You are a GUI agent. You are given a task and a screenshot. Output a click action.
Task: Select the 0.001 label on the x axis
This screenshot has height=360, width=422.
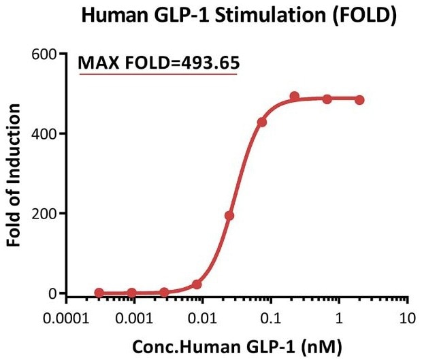coord(133,317)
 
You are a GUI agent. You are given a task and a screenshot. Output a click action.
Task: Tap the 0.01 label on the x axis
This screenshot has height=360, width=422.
coord(202,317)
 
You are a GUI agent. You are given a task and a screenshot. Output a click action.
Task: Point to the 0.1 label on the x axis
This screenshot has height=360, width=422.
coord(271,317)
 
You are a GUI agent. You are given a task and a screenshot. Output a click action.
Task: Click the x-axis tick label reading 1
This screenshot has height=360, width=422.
coord(339,317)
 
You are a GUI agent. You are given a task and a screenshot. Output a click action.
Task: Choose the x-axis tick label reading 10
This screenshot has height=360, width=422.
coord(407,317)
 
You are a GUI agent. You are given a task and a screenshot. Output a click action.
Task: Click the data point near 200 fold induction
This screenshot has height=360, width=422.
coord(229,216)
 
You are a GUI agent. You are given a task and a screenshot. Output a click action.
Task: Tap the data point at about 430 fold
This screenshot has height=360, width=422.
coord(261,122)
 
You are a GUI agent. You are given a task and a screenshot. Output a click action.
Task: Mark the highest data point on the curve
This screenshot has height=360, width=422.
coord(294,97)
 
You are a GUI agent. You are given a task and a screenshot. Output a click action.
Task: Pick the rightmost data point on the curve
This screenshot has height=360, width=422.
coord(359,100)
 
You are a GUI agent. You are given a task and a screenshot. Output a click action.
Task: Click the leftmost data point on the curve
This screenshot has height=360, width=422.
coord(99,293)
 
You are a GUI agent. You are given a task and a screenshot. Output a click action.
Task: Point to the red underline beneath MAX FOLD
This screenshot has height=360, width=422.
coord(159,74)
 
